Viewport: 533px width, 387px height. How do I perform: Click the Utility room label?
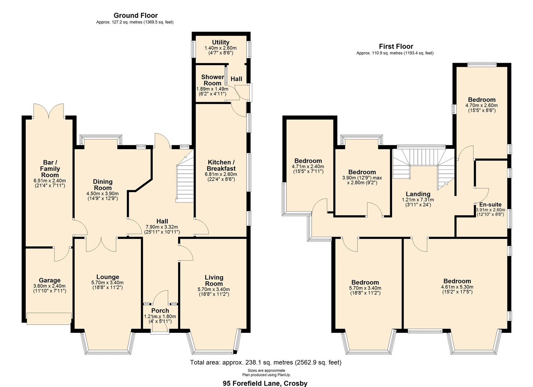tap(221, 42)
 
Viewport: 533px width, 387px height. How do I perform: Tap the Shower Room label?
tap(212, 80)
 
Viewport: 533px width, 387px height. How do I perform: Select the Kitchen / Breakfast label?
tap(221, 165)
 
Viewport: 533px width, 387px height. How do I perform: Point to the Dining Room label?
tap(103, 185)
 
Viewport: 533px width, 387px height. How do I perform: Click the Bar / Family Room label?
tap(50, 169)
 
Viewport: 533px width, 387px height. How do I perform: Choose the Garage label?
tap(50, 280)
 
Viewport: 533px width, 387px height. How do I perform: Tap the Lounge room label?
tap(108, 277)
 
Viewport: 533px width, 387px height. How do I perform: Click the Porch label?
tap(160, 311)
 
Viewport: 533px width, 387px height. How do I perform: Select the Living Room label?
tap(214, 281)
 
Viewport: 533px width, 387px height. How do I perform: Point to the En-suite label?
tap(490, 205)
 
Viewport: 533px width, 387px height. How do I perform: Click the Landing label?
tap(418, 194)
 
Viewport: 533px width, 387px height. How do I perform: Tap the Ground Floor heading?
tap(136, 15)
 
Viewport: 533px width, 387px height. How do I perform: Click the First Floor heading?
tap(396, 46)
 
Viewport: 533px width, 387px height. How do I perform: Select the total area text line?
tap(266, 362)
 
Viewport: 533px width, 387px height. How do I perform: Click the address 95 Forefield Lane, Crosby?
tap(265, 383)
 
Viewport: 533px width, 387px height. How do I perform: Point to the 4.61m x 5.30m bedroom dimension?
tap(457, 287)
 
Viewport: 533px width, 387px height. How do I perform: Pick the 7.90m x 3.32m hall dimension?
tap(162, 227)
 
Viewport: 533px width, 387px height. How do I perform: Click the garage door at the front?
tap(49, 318)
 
